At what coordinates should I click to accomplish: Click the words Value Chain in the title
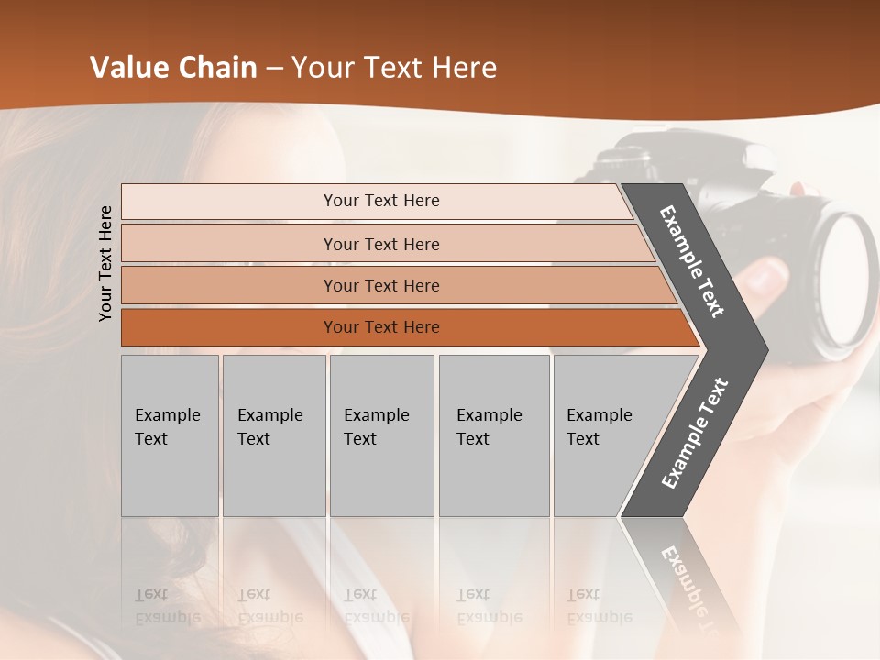click(173, 68)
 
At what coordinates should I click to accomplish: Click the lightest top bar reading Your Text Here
click(380, 201)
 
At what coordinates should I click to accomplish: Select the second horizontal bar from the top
click(380, 244)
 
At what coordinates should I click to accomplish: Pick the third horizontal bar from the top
click(380, 285)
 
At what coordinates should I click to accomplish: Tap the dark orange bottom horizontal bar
click(380, 327)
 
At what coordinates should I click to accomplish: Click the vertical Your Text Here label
click(105, 263)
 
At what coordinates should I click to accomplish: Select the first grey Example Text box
click(170, 434)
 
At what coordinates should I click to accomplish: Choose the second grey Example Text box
click(273, 434)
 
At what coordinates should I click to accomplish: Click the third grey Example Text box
click(381, 434)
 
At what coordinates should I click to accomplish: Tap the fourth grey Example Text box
click(493, 434)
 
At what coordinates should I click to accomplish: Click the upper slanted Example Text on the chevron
click(692, 261)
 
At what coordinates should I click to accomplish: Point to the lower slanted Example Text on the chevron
click(694, 433)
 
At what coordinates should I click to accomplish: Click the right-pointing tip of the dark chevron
click(761, 350)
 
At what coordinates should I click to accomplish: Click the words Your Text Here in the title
click(394, 68)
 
